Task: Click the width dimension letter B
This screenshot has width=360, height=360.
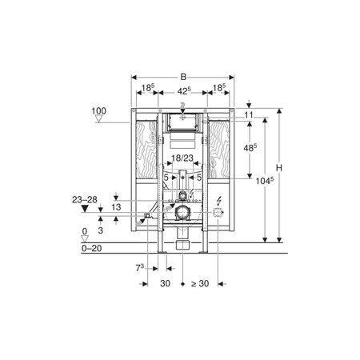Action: (x=183, y=77)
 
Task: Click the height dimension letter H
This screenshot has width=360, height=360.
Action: (x=279, y=168)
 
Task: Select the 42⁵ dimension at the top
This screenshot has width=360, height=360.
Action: (x=184, y=91)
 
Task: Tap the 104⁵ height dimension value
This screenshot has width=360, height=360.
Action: (x=265, y=181)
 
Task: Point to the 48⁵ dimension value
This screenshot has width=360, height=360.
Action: (x=250, y=147)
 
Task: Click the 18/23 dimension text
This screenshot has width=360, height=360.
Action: (x=182, y=158)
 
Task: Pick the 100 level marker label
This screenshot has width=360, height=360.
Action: (x=98, y=110)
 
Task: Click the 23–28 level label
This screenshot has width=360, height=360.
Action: (x=85, y=199)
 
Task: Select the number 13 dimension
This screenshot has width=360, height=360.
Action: (x=116, y=207)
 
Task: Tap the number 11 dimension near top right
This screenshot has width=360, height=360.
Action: (x=249, y=115)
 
